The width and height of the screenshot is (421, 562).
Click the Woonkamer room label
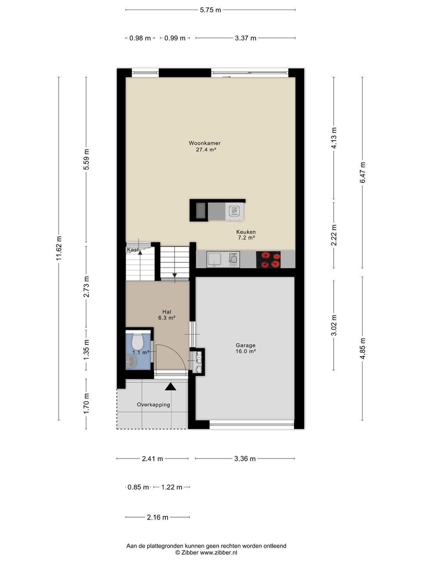(x=205, y=143)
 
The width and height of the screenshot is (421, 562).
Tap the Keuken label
(x=246, y=232)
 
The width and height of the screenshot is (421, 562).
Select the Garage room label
(x=246, y=345)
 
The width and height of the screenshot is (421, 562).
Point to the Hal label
(x=167, y=312)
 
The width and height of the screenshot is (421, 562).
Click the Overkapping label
(x=153, y=405)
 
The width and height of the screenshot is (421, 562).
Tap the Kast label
(x=133, y=249)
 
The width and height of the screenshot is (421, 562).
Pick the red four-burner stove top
(x=268, y=260)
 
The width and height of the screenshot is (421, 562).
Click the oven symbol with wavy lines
(x=234, y=211)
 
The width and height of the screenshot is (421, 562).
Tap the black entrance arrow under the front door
(x=170, y=387)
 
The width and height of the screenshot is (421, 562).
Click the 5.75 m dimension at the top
(x=210, y=10)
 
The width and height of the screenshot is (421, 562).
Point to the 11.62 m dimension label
(x=59, y=248)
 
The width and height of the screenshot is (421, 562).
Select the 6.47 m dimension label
(x=363, y=173)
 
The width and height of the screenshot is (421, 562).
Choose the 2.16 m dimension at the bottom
(x=157, y=518)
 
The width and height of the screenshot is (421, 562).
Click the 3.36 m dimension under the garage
(x=245, y=459)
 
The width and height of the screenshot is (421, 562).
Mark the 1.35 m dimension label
(x=87, y=350)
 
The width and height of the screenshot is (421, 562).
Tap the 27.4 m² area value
(x=206, y=149)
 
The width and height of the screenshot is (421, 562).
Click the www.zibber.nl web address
(x=219, y=553)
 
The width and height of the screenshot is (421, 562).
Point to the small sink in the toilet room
(x=131, y=362)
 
